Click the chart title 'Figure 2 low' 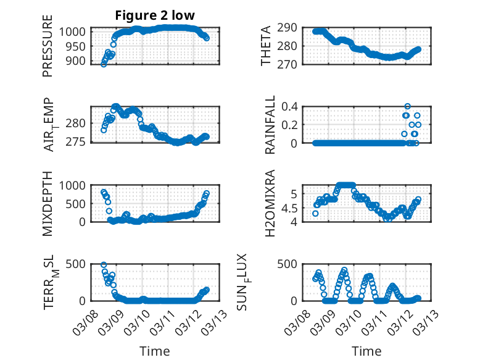tap(155, 15)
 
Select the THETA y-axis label tap(266, 47)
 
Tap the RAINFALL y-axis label tap(270, 125)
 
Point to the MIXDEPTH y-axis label tap(48, 204)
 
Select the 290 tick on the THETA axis tap(291, 27)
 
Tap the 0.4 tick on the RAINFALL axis tap(291, 106)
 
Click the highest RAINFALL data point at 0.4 tap(407, 106)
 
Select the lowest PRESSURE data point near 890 tap(103, 64)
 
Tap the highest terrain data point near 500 tap(104, 265)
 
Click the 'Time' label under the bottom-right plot tap(366, 351)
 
